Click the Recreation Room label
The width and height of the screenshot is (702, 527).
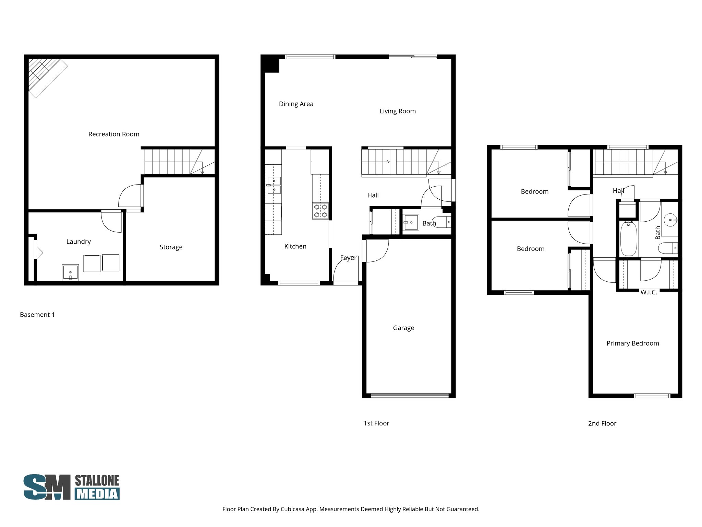[114, 134]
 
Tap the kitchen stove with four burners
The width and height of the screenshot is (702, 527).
[320, 211]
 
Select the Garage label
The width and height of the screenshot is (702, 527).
[403, 328]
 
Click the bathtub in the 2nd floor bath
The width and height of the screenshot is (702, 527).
[628, 239]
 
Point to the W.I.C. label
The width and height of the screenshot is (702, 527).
[649, 292]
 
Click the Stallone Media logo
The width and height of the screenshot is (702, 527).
[71, 487]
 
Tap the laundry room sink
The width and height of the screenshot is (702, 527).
[70, 272]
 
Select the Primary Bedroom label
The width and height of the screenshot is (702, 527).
[633, 343]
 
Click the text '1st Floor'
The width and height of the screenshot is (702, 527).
[376, 423]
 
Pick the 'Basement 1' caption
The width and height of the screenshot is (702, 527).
[37, 315]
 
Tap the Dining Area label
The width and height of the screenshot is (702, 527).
[296, 104]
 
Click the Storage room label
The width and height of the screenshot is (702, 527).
[171, 247]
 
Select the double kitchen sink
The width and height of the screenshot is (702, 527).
[274, 185]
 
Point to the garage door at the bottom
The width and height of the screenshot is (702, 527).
[410, 395]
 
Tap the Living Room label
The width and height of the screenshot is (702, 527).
[398, 111]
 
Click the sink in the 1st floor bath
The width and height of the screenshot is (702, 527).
[411, 222]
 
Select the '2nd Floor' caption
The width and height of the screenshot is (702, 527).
[602, 423]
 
